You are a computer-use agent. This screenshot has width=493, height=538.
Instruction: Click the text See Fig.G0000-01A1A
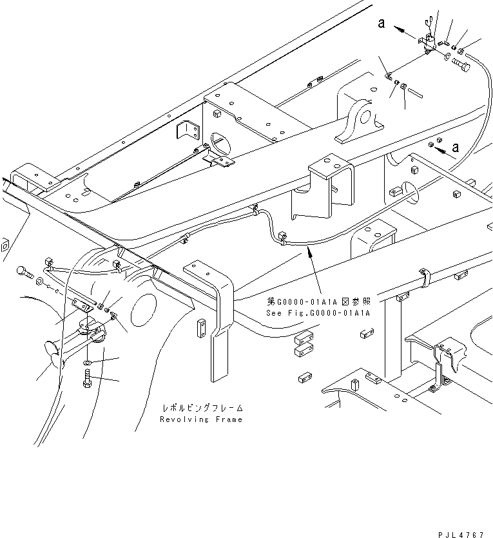click(x=318, y=313)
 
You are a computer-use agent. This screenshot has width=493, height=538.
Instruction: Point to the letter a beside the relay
click(x=382, y=24)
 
